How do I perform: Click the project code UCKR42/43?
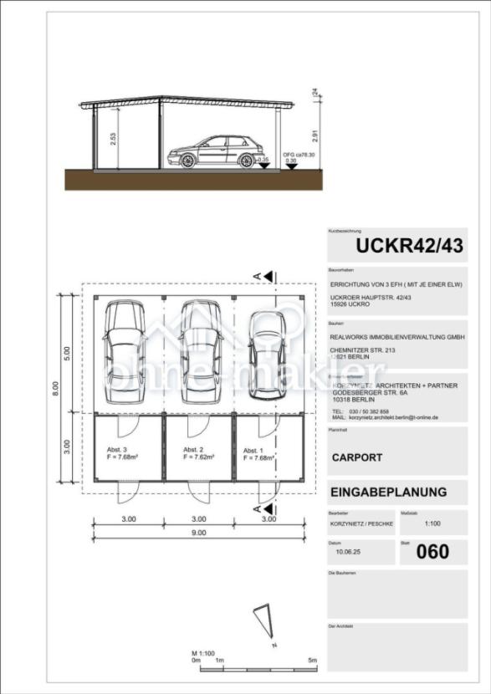[409, 246]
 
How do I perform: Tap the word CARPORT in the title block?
[357, 458]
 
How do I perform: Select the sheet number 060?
[432, 551]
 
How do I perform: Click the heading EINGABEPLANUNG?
[388, 492]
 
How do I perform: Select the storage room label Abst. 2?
[193, 449]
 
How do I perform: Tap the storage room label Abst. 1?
[254, 450]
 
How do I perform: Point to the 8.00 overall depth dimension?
[56, 388]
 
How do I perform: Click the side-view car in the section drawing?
[213, 152]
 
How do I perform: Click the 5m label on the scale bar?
[312, 661]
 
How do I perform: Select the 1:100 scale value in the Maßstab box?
[432, 524]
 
